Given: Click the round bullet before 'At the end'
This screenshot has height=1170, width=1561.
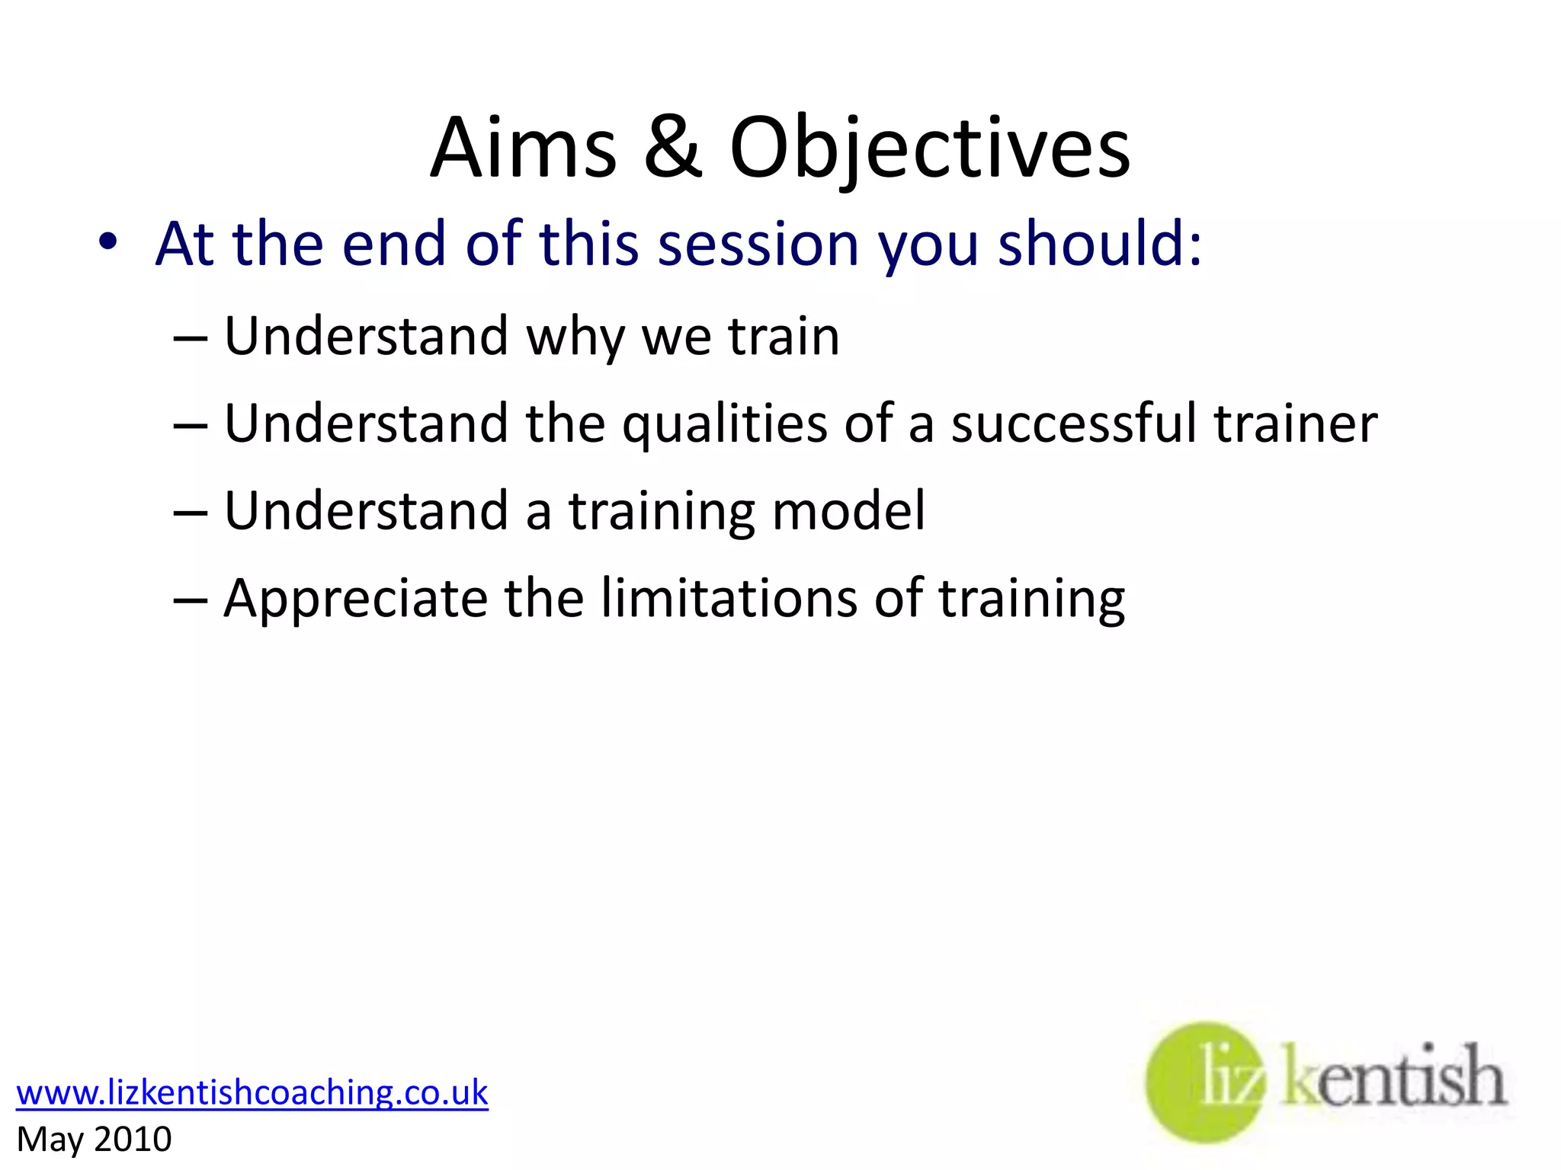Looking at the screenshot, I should [x=107, y=242].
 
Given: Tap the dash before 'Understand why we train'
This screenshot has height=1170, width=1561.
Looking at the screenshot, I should [x=190, y=337].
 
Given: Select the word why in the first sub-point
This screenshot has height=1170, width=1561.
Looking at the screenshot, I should [x=574, y=337].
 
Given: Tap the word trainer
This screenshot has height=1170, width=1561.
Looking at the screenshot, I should [x=1295, y=424].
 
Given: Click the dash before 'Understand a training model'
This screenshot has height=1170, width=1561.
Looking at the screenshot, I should [x=190, y=512].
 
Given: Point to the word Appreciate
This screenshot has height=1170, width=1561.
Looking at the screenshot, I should [x=355, y=599].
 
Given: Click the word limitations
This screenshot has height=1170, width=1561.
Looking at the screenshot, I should [x=729, y=599].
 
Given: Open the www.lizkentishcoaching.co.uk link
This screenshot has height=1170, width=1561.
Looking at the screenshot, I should [x=252, y=1092].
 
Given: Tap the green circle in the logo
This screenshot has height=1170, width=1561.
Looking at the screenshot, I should [x=1204, y=1082].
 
